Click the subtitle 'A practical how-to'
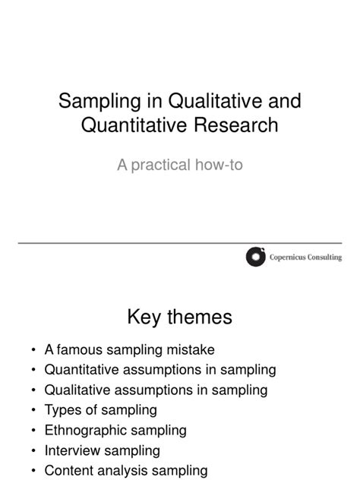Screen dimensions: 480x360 (x=179, y=164)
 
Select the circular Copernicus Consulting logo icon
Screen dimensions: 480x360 (x=257, y=257)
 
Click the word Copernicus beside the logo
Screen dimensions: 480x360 (x=289, y=257)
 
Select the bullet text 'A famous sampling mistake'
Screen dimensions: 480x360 (x=130, y=350)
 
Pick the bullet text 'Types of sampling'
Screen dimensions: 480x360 (x=100, y=410)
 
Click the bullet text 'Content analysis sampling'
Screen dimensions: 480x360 (x=125, y=470)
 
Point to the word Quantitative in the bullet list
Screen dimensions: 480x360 (x=84, y=370)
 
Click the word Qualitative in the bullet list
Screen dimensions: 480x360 (x=78, y=390)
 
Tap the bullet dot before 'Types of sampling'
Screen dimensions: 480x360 (x=33, y=410)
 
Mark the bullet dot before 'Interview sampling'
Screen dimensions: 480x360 (x=33, y=450)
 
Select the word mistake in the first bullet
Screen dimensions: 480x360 (x=193, y=350)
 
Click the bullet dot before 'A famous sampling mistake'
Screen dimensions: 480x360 (x=33, y=350)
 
